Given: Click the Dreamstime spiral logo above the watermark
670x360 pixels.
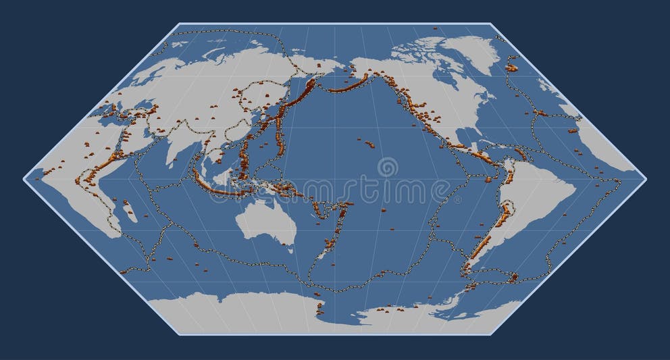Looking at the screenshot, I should [388, 166].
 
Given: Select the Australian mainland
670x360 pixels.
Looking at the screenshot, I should [266, 220].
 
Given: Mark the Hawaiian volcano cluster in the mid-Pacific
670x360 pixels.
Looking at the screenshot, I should [371, 143].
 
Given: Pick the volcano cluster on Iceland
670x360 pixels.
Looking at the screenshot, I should [512, 67].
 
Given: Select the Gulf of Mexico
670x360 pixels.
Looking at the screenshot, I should [466, 140].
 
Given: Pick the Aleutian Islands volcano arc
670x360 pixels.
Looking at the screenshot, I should [344, 86].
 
